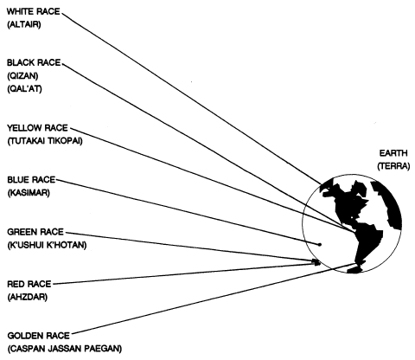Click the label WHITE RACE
coord(34,11)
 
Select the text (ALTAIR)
coord(24,24)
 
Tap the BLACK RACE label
coord(34,62)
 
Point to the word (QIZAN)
coord(22,75)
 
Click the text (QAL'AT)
coord(24,88)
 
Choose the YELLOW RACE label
coord(37,128)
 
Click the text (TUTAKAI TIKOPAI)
coord(45,141)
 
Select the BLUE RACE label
coord(31,180)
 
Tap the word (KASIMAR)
coord(29,192)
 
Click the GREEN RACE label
coord(35,232)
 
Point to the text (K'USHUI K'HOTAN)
coord(47,245)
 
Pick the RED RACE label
coord(29,284)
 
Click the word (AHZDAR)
coord(28,297)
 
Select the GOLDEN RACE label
coord(39,336)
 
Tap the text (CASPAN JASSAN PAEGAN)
coord(65,349)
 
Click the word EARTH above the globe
coord(393,153)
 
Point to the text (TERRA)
coord(393,166)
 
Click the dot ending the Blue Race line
coord(319,245)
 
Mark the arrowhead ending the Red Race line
coord(316,263)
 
